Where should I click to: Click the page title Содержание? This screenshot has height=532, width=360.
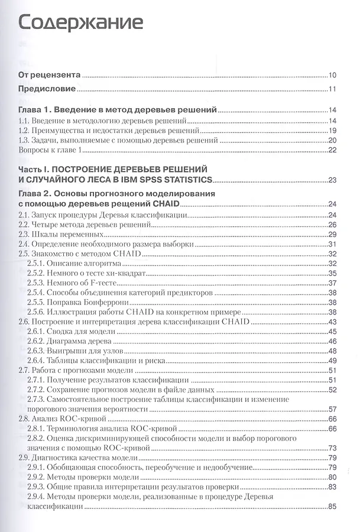[x=80, y=23]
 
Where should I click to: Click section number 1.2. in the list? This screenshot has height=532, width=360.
[x=25, y=131]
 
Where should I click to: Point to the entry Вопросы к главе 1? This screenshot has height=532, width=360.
[x=50, y=150]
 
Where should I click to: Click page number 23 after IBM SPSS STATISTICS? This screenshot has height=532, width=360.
[x=332, y=180]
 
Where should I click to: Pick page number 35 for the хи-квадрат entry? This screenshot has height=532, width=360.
[x=332, y=273]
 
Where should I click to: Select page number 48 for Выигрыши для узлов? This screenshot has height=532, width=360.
[x=332, y=351]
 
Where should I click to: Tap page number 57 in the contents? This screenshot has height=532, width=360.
[x=332, y=408]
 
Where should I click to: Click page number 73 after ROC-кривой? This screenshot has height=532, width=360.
[x=332, y=447]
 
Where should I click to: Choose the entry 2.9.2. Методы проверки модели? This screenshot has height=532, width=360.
[x=83, y=476]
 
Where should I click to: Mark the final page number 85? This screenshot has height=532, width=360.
[x=332, y=506]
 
